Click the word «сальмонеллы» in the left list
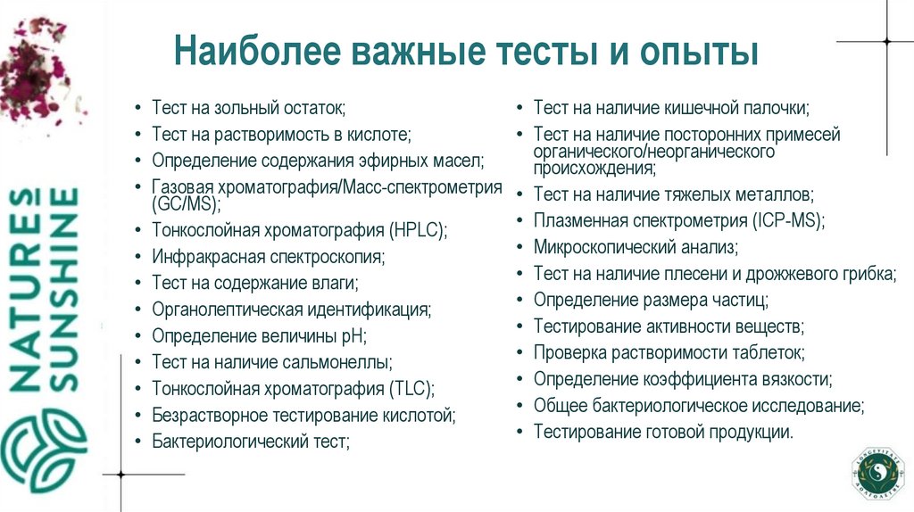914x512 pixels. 344,362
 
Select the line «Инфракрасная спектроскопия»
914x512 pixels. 268,257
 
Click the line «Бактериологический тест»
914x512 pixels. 250,441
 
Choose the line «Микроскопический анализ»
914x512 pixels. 636,247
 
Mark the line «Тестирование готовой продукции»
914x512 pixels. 663,432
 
